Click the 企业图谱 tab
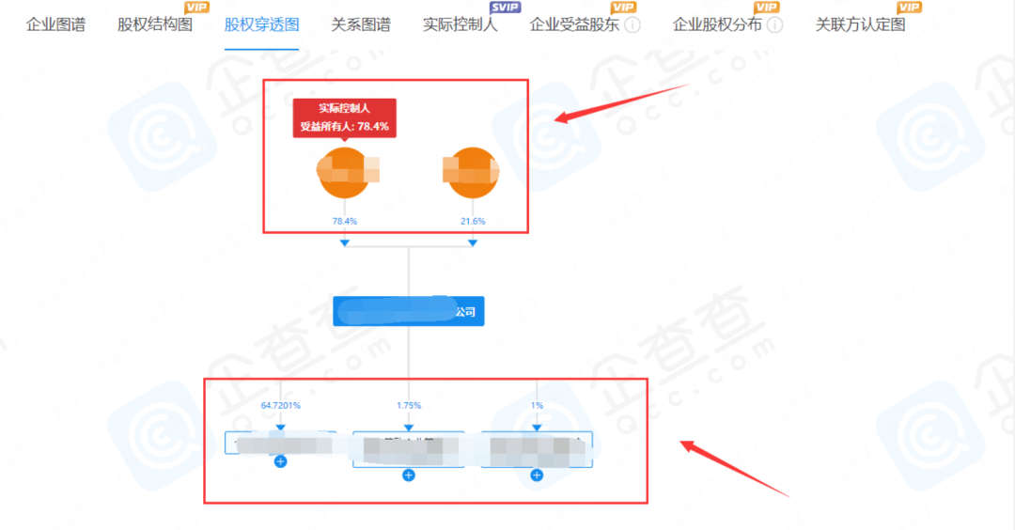click(55, 24)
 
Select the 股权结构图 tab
click(155, 24)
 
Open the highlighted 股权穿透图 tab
click(261, 24)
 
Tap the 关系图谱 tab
click(361, 24)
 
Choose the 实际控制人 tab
click(461, 24)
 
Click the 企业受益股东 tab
click(574, 24)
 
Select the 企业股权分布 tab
click(717, 24)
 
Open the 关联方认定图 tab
click(860, 24)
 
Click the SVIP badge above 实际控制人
click(505, 8)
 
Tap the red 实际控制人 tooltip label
click(344, 117)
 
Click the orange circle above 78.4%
click(344, 173)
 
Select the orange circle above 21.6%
click(472, 173)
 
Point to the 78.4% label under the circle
click(344, 221)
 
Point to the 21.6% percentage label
click(472, 221)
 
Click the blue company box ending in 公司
click(408, 311)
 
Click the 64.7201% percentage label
click(280, 405)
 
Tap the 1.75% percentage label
click(408, 405)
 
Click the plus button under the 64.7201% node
click(280, 461)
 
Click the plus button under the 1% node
click(537, 475)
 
